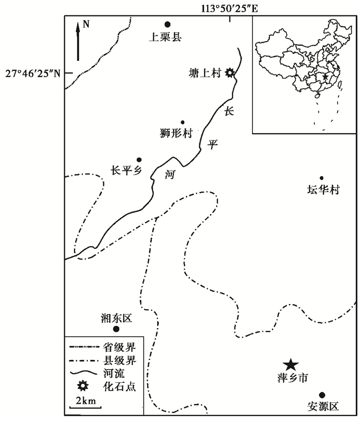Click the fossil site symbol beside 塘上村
tap(229, 73)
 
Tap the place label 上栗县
tap(165, 37)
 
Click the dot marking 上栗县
tap(167, 24)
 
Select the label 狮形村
tap(176, 133)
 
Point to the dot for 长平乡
tap(139, 160)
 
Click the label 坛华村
tap(323, 189)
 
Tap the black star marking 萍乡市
tap(291, 365)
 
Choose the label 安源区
tap(322, 406)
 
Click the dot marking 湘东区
tap(116, 329)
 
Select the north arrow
tap(78, 42)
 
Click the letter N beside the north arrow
tap(86, 24)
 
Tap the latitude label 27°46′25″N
tap(33, 73)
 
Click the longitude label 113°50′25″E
tap(229, 9)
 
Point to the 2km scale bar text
tap(86, 401)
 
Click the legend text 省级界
tap(119, 347)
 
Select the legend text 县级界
tap(119, 361)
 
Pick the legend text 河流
tap(114, 374)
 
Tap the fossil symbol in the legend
tap(83, 385)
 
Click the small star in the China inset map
tap(325, 77)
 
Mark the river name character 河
tap(170, 175)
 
